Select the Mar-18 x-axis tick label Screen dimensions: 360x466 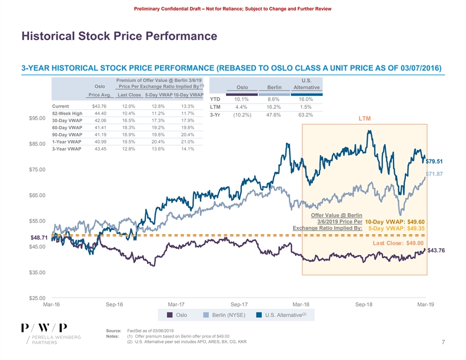pyautogui.click(x=301, y=304)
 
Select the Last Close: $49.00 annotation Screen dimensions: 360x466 pyautogui.click(x=398, y=242)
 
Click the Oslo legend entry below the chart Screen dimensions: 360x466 pyautogui.click(x=177, y=315)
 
